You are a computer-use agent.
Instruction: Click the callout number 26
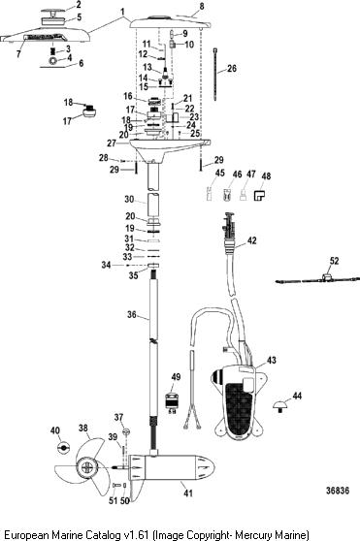click(x=232, y=68)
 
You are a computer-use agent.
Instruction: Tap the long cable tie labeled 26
click(x=215, y=75)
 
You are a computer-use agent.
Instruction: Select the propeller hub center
click(x=86, y=468)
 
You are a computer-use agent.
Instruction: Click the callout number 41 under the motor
click(x=188, y=493)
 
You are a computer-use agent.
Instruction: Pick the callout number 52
click(x=334, y=261)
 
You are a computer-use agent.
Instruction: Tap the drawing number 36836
click(x=338, y=491)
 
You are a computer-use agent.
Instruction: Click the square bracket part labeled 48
click(x=259, y=196)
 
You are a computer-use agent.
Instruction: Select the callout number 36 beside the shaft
click(x=132, y=315)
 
